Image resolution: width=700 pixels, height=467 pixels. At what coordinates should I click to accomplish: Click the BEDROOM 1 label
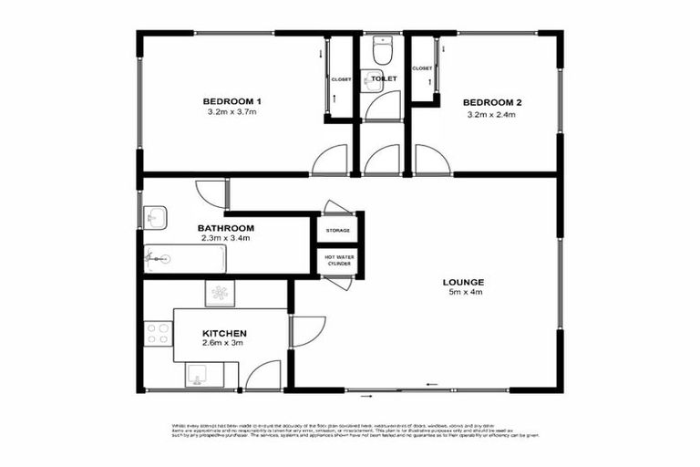(232, 100)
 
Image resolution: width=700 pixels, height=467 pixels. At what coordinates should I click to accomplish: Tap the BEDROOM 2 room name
(491, 101)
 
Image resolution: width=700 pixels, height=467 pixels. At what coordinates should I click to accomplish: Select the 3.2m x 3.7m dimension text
(232, 112)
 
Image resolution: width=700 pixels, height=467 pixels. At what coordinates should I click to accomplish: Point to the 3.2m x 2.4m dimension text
(491, 114)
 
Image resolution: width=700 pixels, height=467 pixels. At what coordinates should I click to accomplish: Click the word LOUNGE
(465, 281)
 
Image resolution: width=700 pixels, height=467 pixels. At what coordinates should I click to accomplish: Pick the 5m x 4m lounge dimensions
(465, 293)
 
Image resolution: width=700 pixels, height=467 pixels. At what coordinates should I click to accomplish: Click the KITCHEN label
(224, 335)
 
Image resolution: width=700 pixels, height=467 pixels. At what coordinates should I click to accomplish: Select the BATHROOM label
(226, 227)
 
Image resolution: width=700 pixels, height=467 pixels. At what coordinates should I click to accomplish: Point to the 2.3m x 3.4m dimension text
(226, 238)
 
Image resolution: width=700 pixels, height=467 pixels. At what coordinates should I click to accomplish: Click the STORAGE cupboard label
(338, 230)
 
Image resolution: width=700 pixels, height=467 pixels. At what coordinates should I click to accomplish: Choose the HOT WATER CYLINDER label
(338, 260)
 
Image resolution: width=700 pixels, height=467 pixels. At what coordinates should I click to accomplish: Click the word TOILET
(383, 78)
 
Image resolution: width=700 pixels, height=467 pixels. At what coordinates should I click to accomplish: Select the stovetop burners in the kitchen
(157, 334)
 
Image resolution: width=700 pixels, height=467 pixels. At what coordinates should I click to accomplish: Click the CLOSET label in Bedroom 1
(340, 78)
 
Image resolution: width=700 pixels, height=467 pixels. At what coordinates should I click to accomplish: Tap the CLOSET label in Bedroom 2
(422, 68)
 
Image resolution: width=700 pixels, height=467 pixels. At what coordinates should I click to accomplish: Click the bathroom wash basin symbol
(154, 217)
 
